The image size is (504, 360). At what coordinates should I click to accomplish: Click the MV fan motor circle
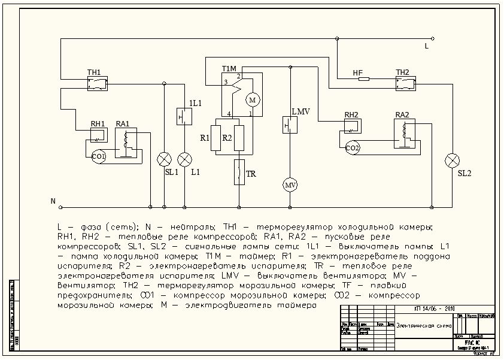tap(290, 184)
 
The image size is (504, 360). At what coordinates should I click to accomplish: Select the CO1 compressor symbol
tap(99, 156)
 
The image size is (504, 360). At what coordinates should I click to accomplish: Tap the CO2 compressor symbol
tap(352, 147)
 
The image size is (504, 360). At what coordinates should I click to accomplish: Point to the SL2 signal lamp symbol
tap(453, 160)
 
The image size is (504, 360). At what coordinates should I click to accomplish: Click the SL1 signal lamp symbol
tap(163, 159)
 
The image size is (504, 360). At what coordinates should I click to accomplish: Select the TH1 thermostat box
tap(98, 83)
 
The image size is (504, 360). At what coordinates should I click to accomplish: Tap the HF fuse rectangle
tap(363, 78)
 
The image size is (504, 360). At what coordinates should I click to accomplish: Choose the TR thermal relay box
tap(239, 172)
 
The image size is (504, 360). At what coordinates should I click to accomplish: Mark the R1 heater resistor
tap(218, 138)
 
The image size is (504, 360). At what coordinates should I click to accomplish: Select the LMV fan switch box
tap(290, 125)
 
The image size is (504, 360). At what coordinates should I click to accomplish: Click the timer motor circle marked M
tap(252, 98)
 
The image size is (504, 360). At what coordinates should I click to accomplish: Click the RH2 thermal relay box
tap(352, 126)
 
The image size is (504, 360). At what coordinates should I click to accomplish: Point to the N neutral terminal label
tap(52, 201)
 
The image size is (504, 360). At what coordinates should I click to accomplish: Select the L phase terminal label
tap(426, 45)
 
